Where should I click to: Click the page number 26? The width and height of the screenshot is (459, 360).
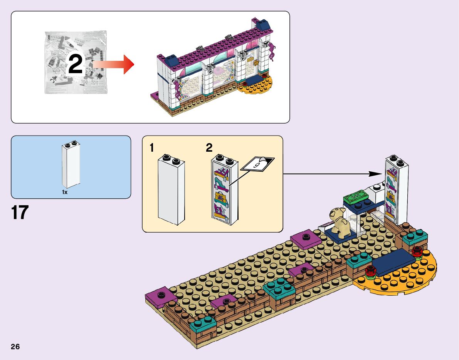(x=15, y=346)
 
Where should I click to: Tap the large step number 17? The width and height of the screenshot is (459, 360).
(x=20, y=213)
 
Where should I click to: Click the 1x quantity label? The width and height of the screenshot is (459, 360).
(x=65, y=192)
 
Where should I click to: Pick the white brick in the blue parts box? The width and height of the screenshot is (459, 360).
(x=71, y=165)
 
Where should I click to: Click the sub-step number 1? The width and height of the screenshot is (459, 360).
(x=153, y=147)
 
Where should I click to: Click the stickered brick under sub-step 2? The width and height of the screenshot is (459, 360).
(x=225, y=190)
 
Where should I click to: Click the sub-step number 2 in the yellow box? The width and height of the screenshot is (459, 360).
(x=209, y=147)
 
